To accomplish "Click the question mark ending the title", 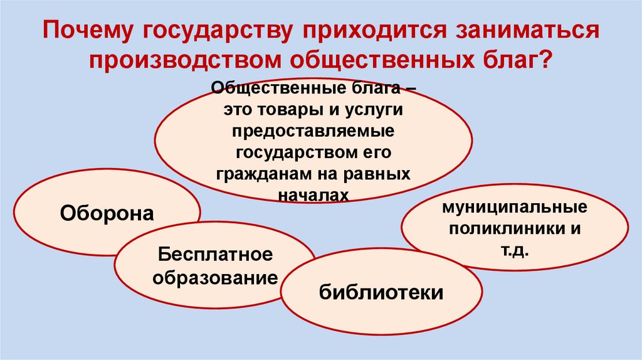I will coord(547,61).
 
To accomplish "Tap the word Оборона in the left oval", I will coord(107,213).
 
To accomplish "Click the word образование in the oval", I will coord(215,278).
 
